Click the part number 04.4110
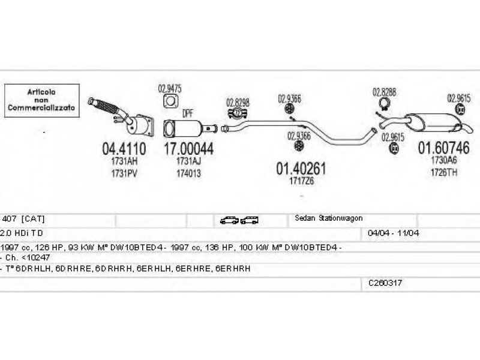coord(124,148)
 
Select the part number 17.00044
coord(188,148)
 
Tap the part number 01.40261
coord(301,169)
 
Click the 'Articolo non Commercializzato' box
coord(41,100)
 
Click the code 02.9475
coord(169,88)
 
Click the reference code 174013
coord(188,173)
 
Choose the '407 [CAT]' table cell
coord(23,218)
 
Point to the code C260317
coord(385,281)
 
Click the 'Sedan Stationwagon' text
coord(328,218)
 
